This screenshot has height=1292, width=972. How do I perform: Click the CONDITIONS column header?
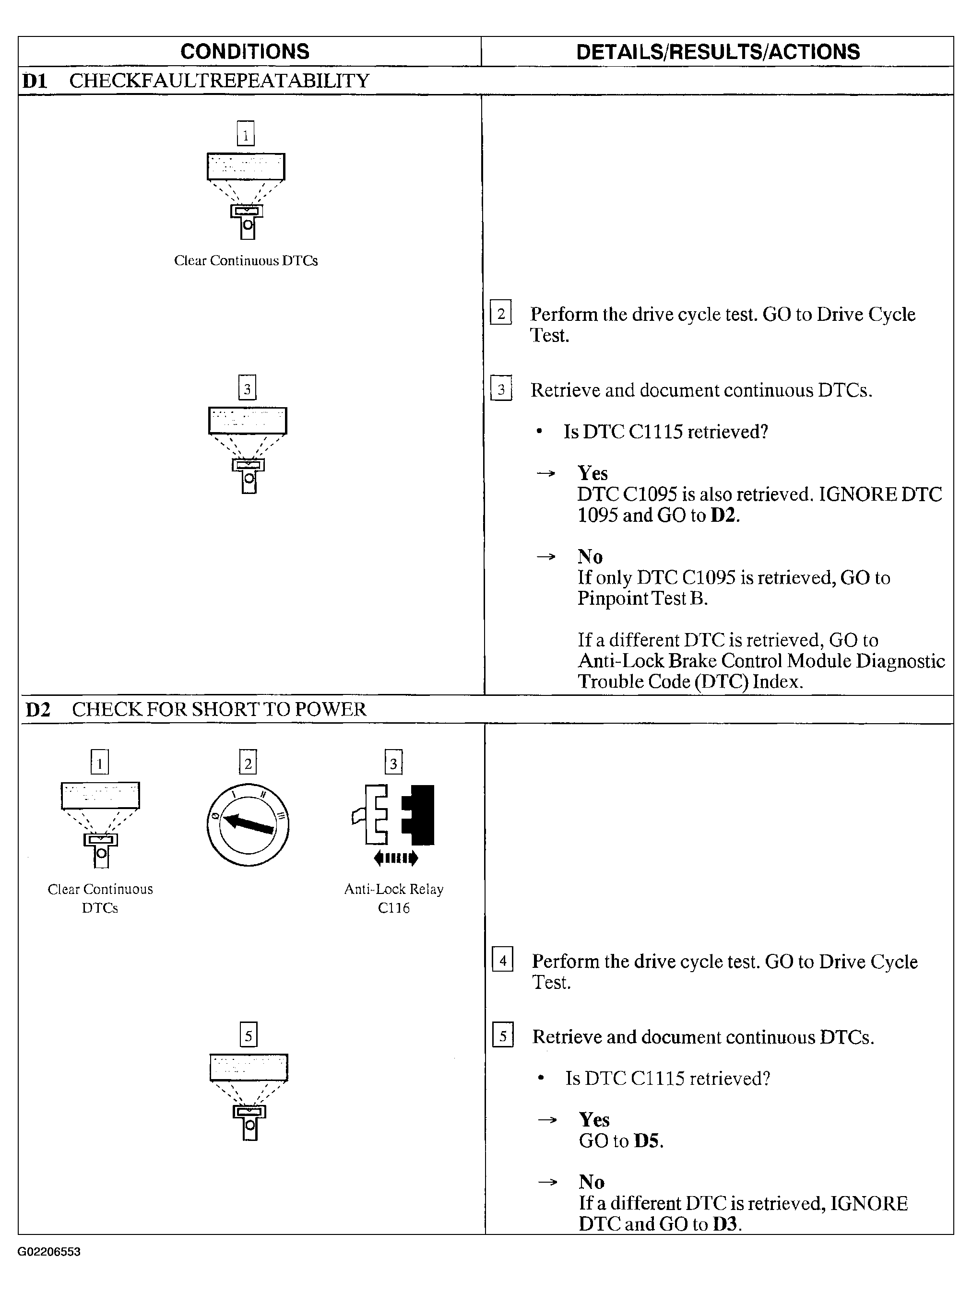click(x=245, y=51)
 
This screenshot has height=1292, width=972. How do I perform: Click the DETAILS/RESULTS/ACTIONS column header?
click(x=717, y=52)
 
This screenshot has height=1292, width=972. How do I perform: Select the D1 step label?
click(x=35, y=81)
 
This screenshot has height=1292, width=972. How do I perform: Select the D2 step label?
click(x=38, y=710)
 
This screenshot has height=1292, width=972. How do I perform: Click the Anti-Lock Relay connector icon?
click(x=394, y=815)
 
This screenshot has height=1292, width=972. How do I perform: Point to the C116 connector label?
click(x=394, y=908)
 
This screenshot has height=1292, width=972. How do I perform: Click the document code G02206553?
click(x=49, y=1251)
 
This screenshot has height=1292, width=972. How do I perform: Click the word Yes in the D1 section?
click(x=593, y=473)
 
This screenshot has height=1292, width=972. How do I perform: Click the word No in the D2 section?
click(x=591, y=1182)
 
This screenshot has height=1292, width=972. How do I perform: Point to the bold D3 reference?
click(x=725, y=1224)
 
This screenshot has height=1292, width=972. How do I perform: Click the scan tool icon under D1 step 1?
click(x=246, y=196)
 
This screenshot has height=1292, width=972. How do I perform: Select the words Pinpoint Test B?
click(x=642, y=599)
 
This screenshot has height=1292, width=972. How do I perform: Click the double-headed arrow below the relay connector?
click(x=395, y=858)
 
